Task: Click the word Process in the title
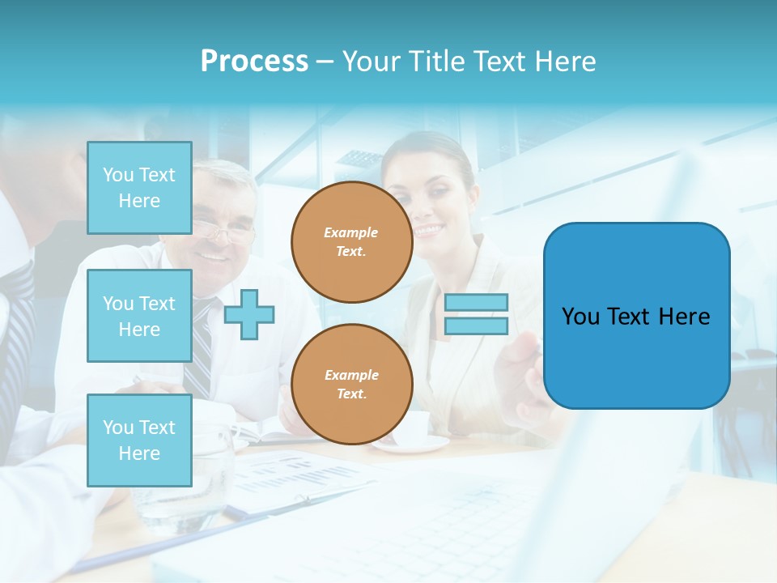pyautogui.click(x=254, y=62)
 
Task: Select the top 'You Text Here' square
pyautogui.click(x=139, y=188)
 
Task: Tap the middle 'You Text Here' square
pyautogui.click(x=139, y=316)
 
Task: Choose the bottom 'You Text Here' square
pyautogui.click(x=139, y=440)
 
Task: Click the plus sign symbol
pyautogui.click(x=249, y=314)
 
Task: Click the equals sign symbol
pyautogui.click(x=476, y=314)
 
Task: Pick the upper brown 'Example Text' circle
pyautogui.click(x=351, y=241)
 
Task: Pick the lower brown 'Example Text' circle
pyautogui.click(x=351, y=384)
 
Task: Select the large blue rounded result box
pyautogui.click(x=636, y=316)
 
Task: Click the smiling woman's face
pyautogui.click(x=434, y=202)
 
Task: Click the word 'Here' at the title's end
pyautogui.click(x=565, y=62)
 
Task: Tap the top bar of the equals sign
pyautogui.click(x=476, y=303)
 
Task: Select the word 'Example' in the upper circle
pyautogui.click(x=351, y=232)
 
